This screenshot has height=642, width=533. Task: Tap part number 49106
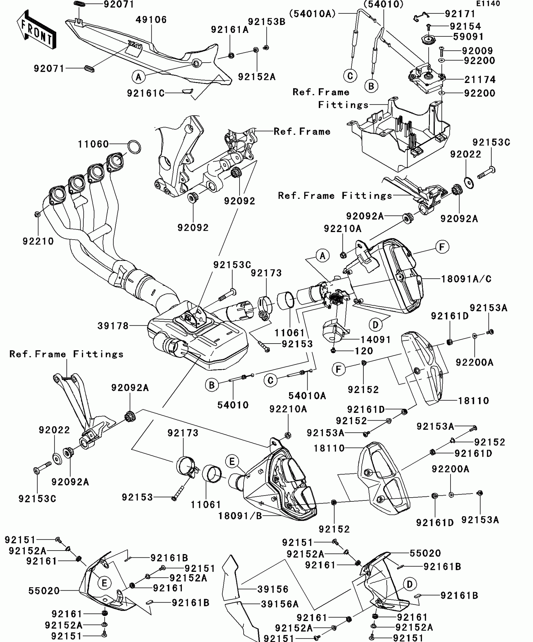[151, 20]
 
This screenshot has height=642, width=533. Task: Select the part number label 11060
[93, 144]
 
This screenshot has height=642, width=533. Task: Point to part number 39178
[113, 326]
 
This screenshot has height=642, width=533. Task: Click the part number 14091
[375, 339]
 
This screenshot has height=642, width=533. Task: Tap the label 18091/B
[240, 516]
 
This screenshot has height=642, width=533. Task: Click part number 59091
[469, 37]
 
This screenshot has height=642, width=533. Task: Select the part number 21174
[480, 80]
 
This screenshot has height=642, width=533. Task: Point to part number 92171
[460, 14]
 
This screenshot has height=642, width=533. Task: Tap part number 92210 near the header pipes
[38, 241]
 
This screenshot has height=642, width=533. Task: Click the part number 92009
[478, 51]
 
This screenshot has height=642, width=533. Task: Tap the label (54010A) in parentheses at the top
[313, 13]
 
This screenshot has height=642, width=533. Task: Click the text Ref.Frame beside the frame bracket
[302, 131]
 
